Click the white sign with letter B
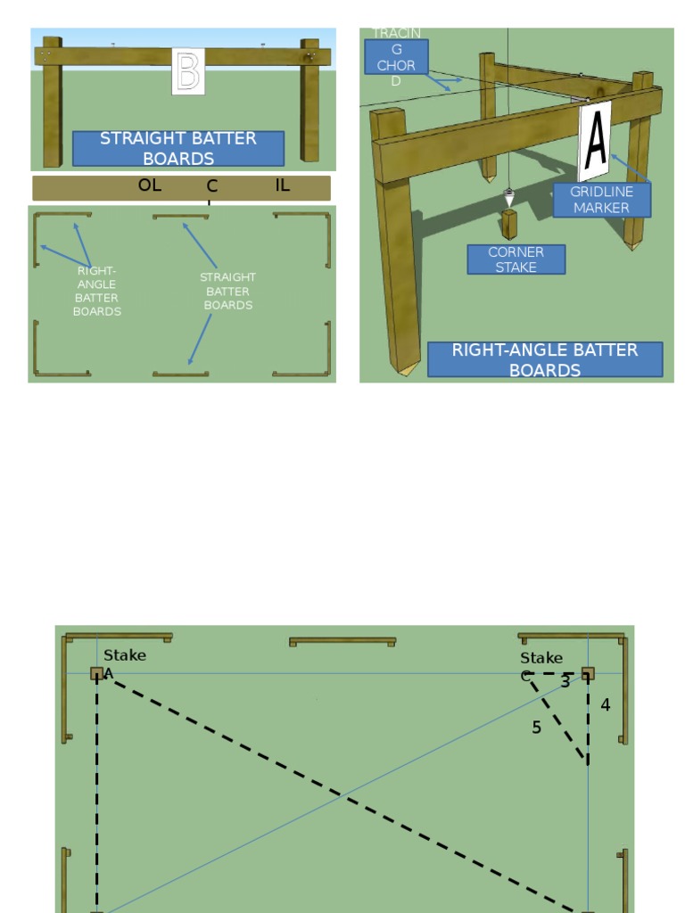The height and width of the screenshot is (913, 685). [x=187, y=71]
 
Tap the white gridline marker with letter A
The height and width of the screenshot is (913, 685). [x=595, y=141]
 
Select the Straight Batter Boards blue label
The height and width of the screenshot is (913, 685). [x=178, y=148]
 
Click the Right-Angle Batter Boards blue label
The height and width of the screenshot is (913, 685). [x=545, y=359]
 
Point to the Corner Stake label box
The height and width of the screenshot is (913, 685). [x=516, y=259]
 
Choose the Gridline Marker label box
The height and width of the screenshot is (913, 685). [x=601, y=200]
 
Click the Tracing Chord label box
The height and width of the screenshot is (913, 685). [x=396, y=57]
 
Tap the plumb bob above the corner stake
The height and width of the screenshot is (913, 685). [x=509, y=197]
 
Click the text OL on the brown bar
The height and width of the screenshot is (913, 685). [x=150, y=185]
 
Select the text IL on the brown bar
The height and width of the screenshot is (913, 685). [x=282, y=185]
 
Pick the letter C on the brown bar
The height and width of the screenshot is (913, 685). [x=212, y=186]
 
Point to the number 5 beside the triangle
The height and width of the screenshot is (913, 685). [x=536, y=728]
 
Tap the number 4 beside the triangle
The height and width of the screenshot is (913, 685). [x=605, y=705]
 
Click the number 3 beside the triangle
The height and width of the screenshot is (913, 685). [x=565, y=682]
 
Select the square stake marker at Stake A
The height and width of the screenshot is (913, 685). [x=96, y=674]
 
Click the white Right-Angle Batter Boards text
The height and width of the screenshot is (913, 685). [x=97, y=292]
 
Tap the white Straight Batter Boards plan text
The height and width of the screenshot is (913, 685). [x=227, y=292]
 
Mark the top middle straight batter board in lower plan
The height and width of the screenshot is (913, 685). [x=342, y=640]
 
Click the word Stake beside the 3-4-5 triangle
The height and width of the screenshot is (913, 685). [x=541, y=658]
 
